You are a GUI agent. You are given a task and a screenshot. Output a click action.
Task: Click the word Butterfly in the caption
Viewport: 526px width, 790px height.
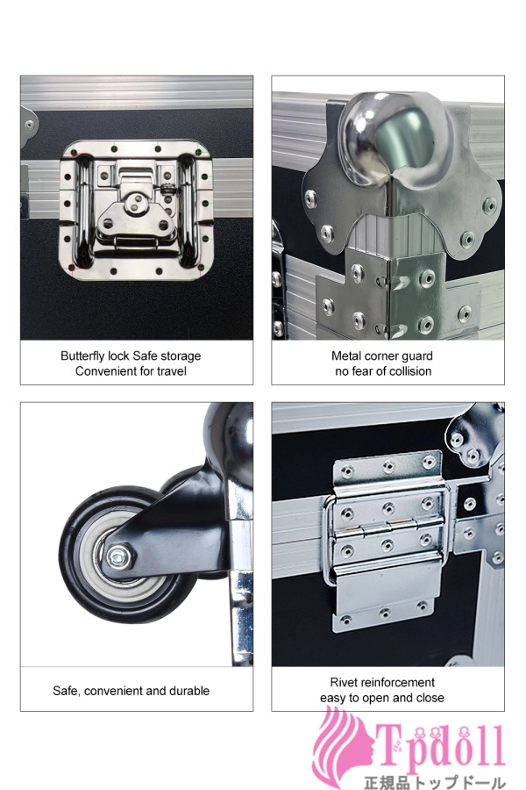(x=82, y=356)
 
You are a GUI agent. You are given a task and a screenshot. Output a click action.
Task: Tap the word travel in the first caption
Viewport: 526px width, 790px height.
(x=172, y=371)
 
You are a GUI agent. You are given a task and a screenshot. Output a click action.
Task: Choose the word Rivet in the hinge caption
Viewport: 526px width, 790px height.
(x=342, y=683)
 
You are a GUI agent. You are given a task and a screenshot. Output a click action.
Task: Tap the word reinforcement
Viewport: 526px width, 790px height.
(x=395, y=683)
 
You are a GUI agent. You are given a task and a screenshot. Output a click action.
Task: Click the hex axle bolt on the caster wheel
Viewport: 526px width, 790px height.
(x=119, y=557)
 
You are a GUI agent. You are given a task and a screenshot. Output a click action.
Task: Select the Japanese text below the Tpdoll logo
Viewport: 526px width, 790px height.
(x=435, y=782)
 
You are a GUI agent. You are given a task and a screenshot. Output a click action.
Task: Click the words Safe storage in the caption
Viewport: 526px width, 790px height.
(x=167, y=356)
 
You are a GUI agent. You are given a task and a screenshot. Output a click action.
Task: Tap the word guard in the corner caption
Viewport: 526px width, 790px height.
(x=416, y=356)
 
